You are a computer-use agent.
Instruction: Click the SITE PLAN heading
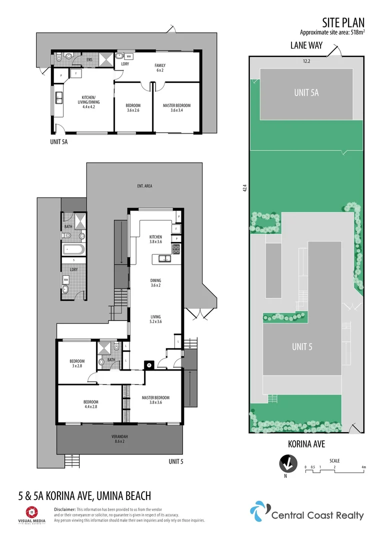343,22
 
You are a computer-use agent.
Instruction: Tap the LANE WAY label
306,45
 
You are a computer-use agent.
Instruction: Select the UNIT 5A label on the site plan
306,92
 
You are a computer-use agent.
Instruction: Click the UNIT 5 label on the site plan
302,346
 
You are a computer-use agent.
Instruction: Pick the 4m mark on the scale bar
364,467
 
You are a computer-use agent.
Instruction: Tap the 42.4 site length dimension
244,188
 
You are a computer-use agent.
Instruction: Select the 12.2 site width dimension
306,61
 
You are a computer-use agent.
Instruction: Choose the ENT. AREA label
144,186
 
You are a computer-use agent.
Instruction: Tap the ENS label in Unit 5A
89,60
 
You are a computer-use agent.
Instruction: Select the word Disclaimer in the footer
64,508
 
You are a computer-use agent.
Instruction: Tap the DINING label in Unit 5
156,283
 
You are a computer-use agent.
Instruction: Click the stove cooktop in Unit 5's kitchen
176,248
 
